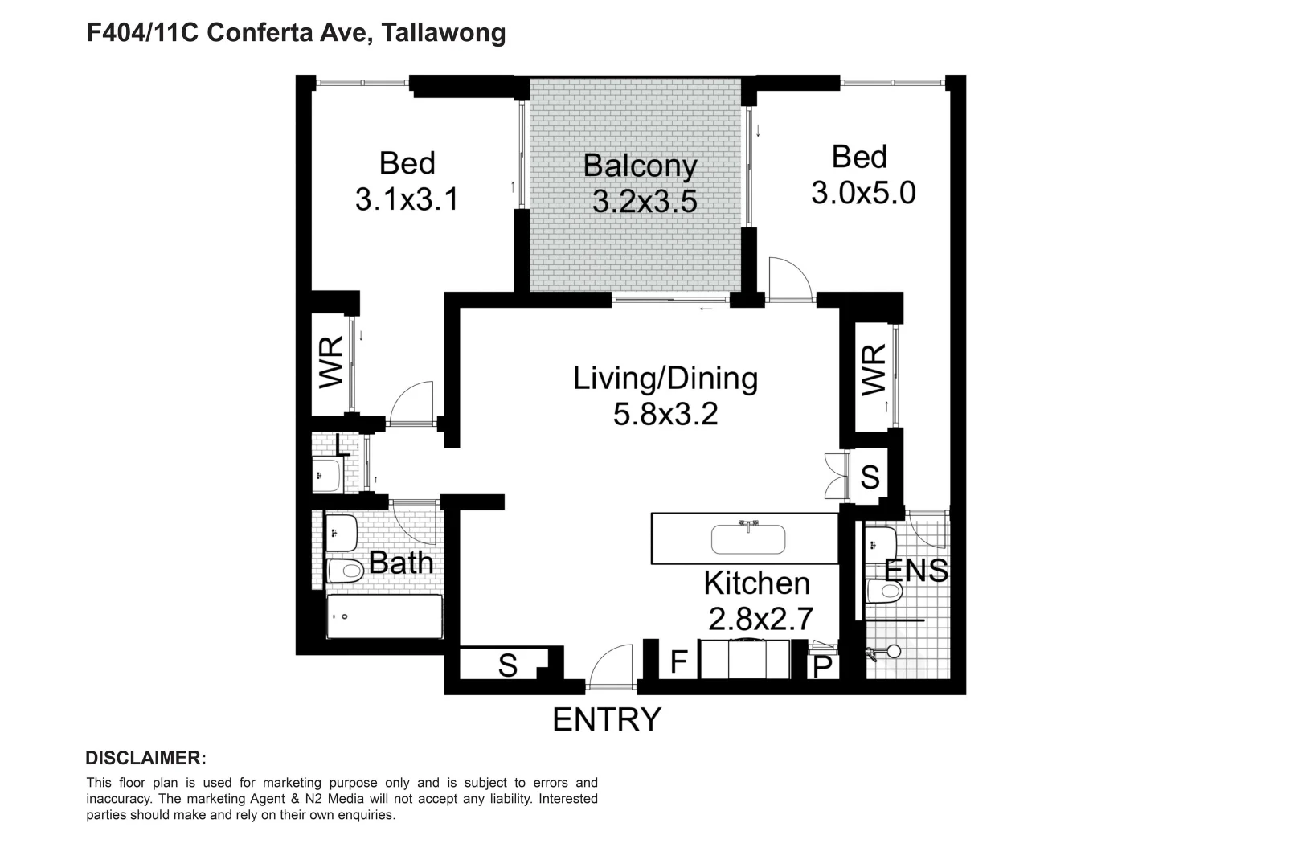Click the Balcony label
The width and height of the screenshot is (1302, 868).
pos(640,166)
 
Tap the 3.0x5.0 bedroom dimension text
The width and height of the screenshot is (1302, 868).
pos(863,194)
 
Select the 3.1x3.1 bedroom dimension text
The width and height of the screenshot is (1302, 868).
pos(407,199)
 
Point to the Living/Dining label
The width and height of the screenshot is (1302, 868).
pos(665,379)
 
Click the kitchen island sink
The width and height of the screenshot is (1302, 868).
pos(748,539)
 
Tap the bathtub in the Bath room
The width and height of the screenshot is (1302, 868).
pos(384,616)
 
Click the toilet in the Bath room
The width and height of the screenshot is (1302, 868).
pos(345,571)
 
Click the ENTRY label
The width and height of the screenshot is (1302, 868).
pos(607,719)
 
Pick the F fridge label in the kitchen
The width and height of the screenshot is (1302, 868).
pos(679,662)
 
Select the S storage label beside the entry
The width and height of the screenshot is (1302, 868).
pos(507,665)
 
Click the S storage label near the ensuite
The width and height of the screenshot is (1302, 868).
pos(870,477)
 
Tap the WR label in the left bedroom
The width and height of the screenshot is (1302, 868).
pos(331,362)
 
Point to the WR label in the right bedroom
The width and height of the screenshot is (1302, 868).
pos(874,371)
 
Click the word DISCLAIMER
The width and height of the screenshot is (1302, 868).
pos(145,758)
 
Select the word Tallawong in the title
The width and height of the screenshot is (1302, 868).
pos(443,33)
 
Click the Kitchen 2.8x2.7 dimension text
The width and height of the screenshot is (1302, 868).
pos(760,619)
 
